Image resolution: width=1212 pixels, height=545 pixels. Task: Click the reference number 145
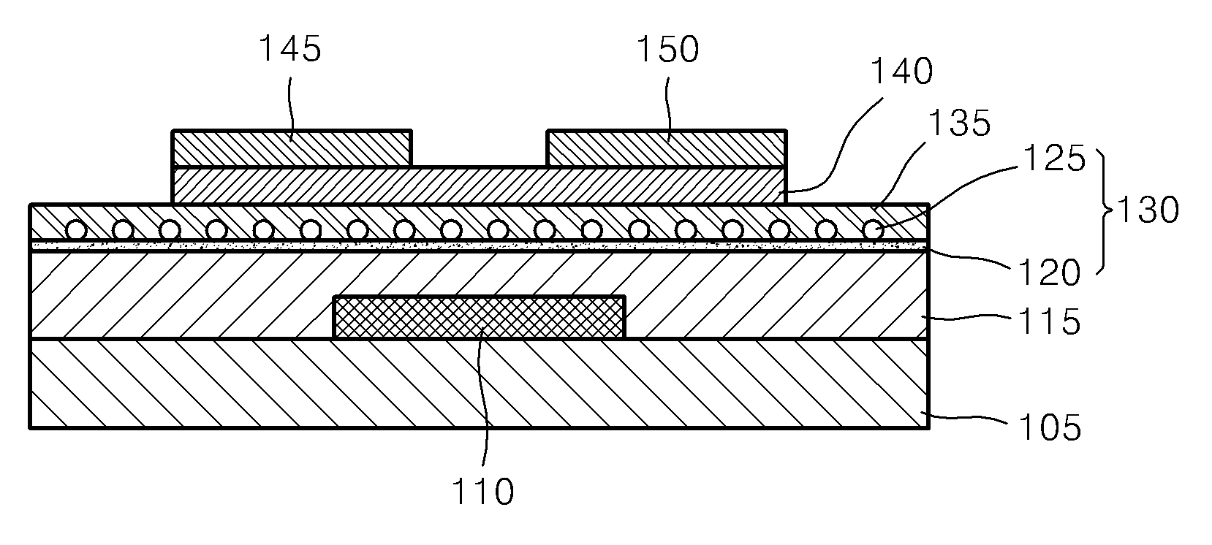290,49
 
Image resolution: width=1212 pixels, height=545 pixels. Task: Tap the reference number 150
667,49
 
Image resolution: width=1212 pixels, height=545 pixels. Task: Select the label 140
902,71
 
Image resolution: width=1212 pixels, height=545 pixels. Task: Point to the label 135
959,122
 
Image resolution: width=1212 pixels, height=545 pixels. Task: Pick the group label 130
1148,210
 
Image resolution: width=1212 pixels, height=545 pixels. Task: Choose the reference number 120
1049,272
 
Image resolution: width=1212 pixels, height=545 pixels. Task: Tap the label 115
1049,322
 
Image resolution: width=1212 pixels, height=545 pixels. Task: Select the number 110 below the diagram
482,492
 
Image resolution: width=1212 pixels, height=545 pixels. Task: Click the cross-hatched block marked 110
480,317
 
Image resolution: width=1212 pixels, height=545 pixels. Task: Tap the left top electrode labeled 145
292,148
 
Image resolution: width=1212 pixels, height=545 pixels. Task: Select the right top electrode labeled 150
667,148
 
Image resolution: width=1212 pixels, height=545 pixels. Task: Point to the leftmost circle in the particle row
76,230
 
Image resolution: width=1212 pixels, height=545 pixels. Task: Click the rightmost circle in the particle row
872,230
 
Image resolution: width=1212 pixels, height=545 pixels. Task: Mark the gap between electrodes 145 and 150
480,148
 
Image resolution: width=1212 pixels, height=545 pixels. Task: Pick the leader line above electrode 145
292,108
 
